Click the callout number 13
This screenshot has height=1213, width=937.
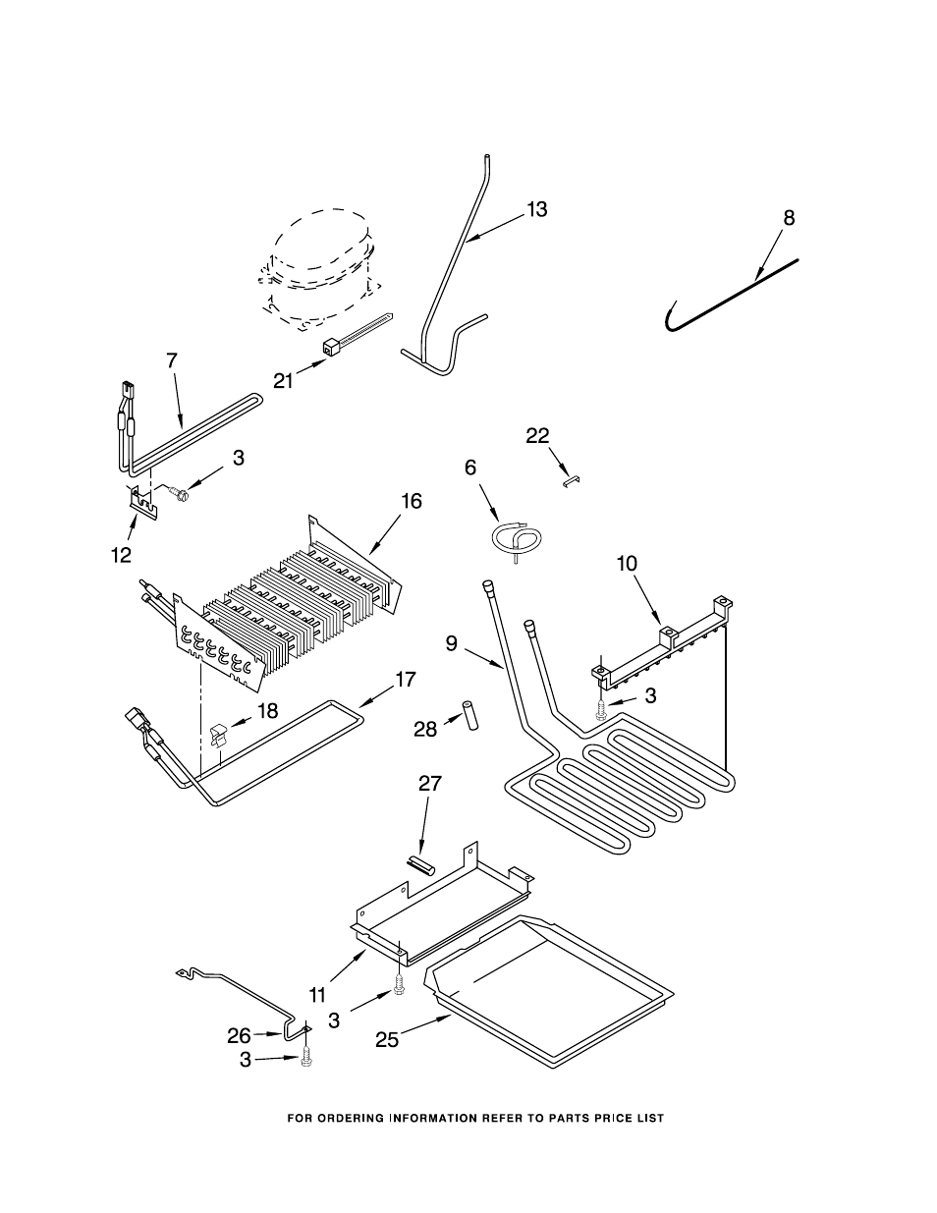tap(537, 210)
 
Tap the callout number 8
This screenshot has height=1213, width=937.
tap(789, 218)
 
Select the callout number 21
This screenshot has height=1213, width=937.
tap(284, 381)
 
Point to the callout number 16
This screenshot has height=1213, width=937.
tap(412, 501)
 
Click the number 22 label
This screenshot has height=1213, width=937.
tap(537, 436)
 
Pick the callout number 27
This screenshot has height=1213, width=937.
tap(430, 784)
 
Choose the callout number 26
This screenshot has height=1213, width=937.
tap(239, 1036)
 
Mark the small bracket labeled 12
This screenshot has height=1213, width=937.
tap(142, 500)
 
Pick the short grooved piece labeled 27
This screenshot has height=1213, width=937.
tap(420, 868)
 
